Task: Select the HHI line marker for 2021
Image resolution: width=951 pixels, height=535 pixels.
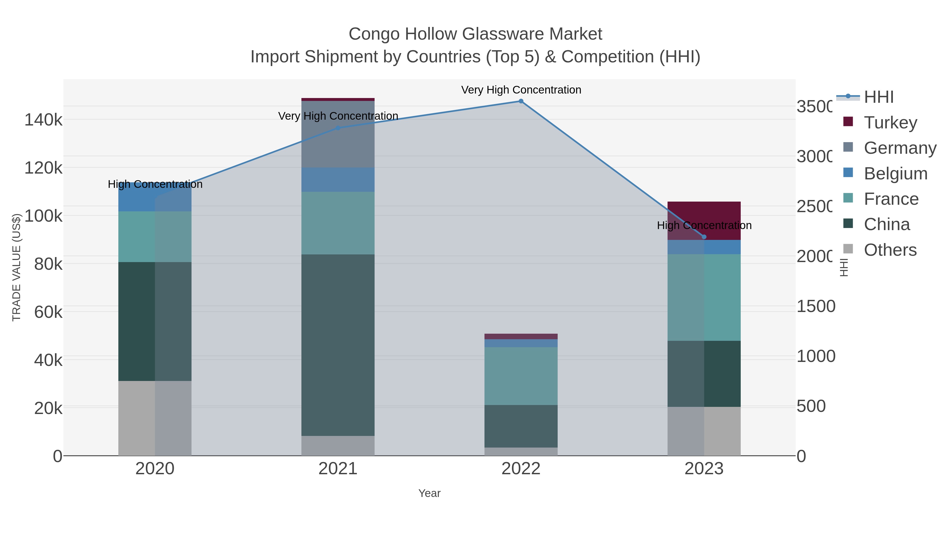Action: coord(338,128)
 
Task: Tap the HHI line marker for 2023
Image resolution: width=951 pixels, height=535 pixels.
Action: coord(704,237)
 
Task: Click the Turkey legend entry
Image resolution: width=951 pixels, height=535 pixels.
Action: coord(890,122)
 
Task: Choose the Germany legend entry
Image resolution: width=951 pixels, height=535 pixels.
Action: coord(900,148)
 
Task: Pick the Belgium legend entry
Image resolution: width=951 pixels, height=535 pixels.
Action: coord(895,174)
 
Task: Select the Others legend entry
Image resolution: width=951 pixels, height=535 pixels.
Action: coord(890,250)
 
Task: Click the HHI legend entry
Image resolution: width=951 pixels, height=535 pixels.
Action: coord(879,97)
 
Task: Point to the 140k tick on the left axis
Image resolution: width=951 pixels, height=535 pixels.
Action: coord(44,120)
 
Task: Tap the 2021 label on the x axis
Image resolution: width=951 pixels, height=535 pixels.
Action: coord(338,469)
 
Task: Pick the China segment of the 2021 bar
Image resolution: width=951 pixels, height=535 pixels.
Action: coord(338,345)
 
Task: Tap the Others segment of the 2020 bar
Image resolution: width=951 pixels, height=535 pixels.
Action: coord(155,418)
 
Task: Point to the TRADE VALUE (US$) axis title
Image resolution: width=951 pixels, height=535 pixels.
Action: coord(17,267)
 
